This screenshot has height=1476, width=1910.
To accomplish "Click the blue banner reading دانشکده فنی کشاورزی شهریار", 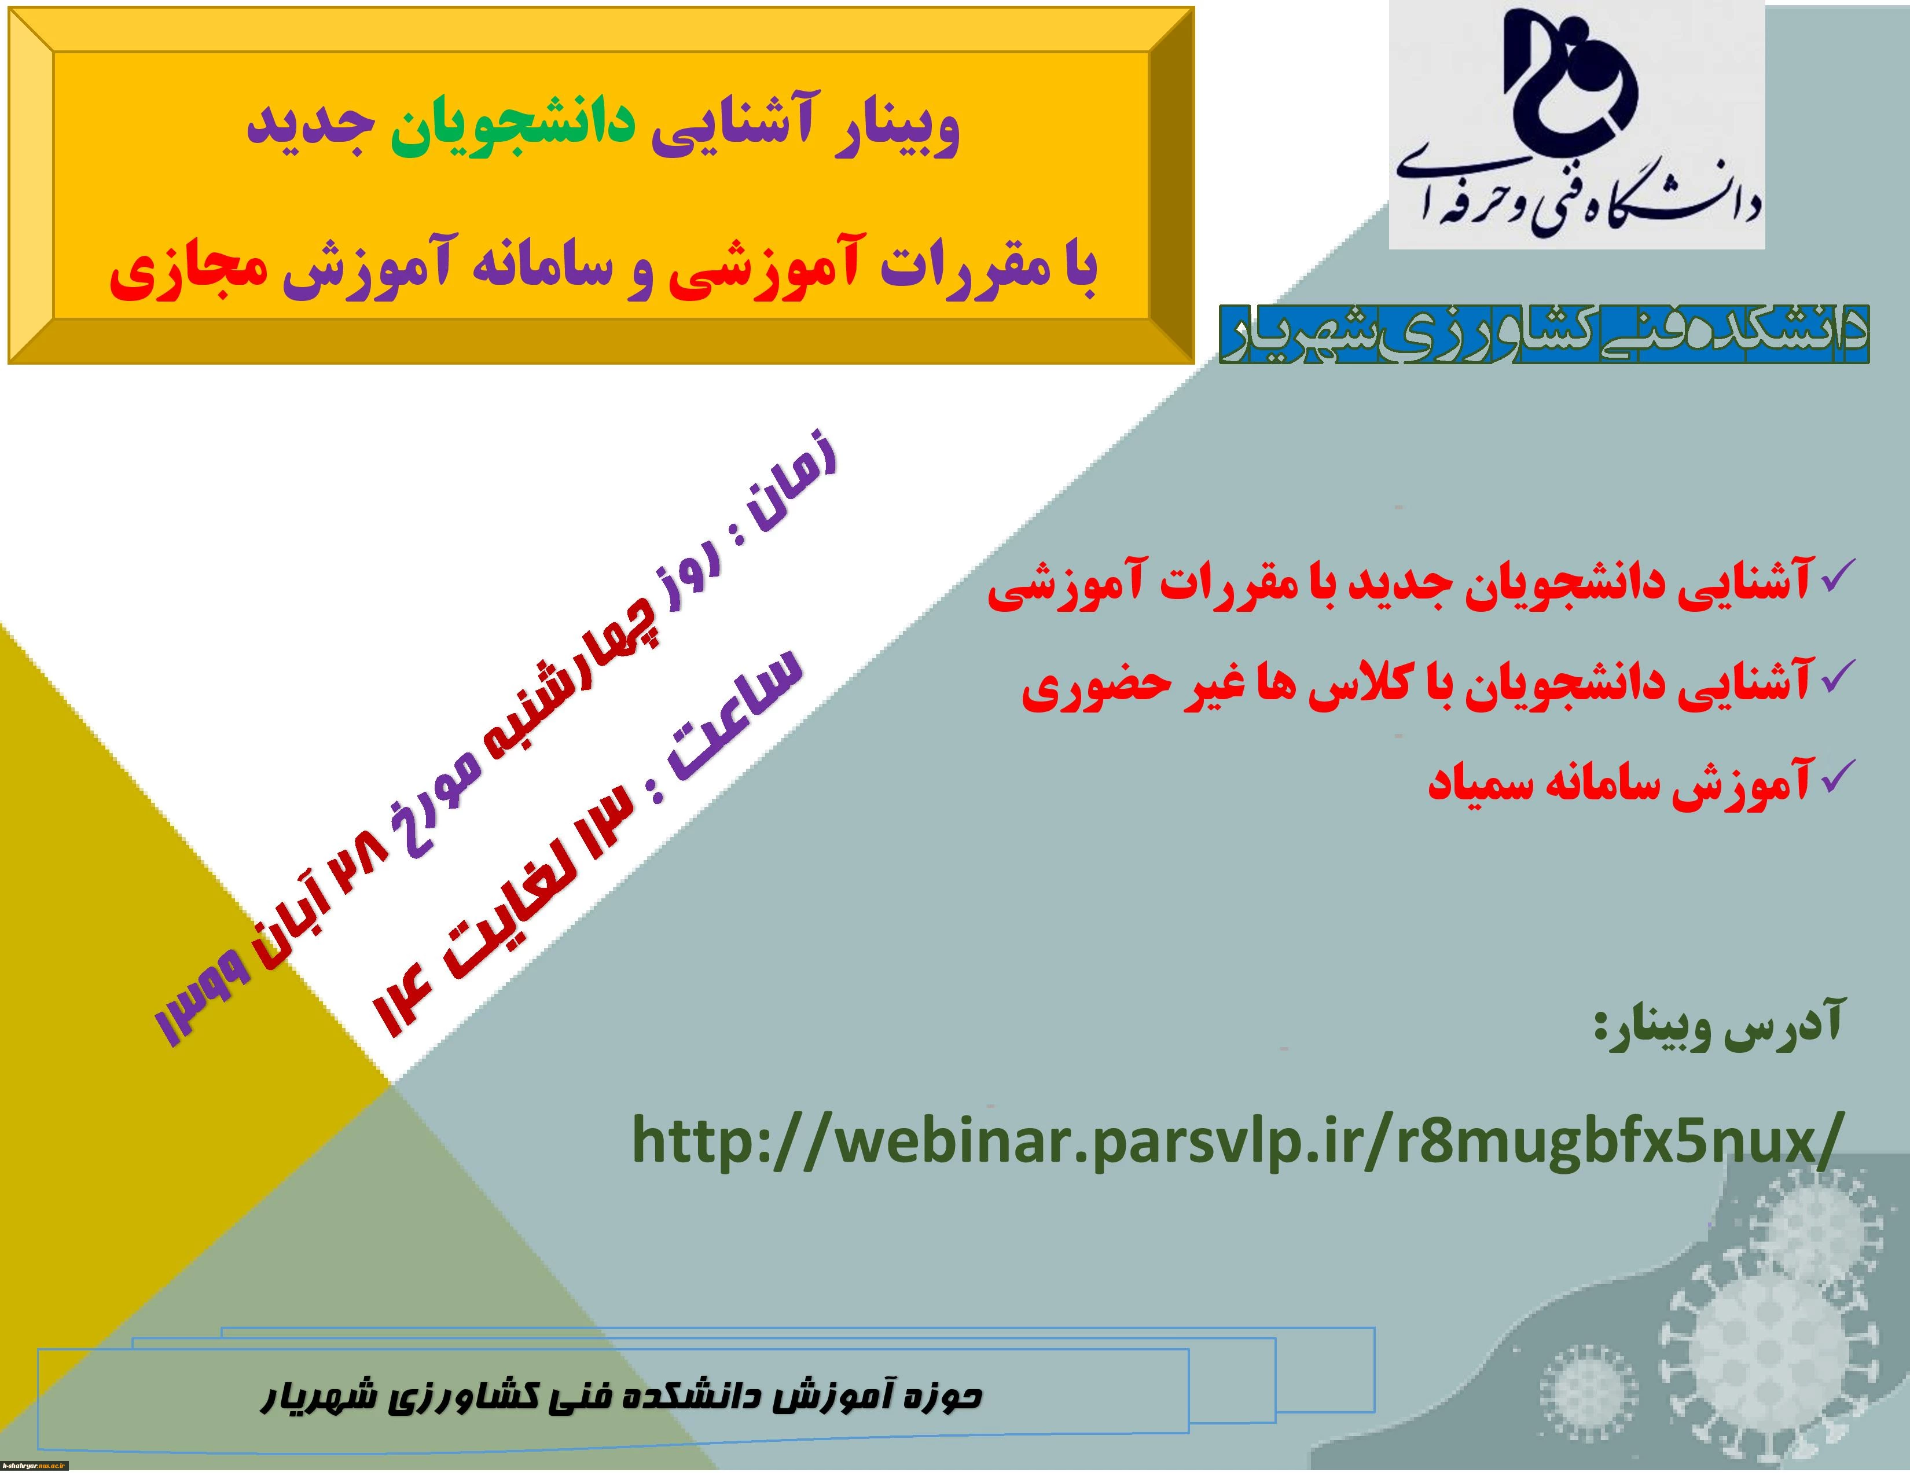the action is (x=1544, y=333).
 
